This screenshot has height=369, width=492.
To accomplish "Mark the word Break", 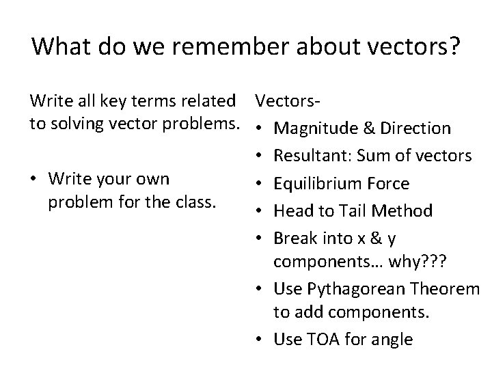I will [292, 238].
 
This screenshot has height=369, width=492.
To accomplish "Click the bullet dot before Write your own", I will [36, 179].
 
